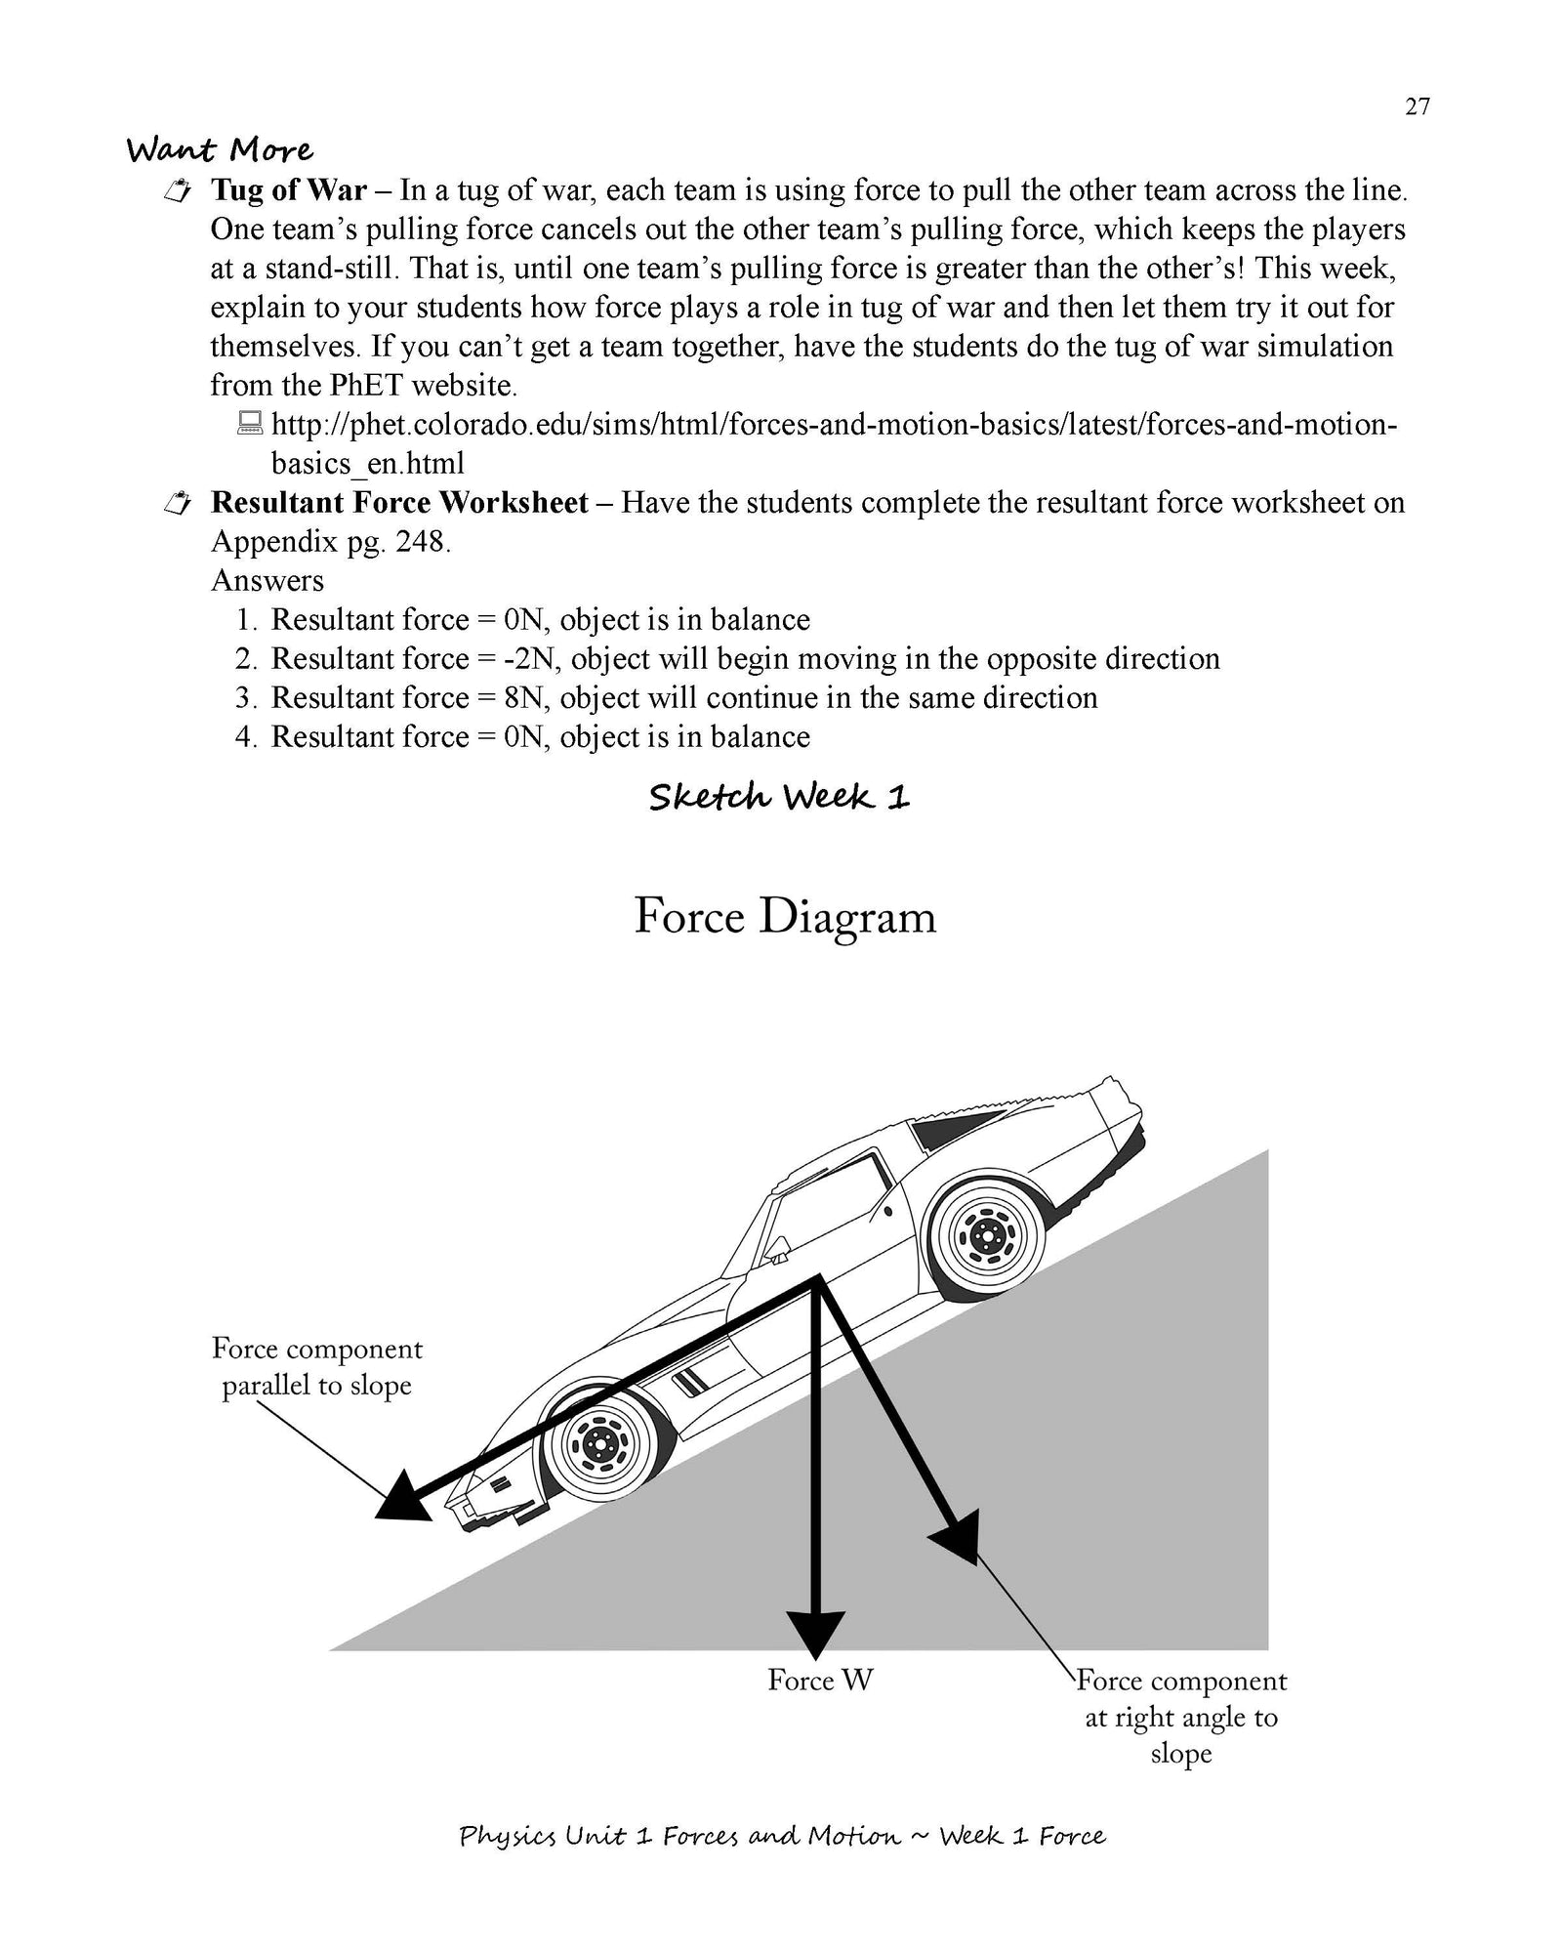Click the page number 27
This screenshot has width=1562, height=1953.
(1417, 107)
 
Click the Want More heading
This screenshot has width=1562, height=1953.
(221, 150)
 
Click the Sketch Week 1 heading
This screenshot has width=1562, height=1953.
(779, 798)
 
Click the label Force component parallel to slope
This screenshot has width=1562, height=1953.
(317, 1366)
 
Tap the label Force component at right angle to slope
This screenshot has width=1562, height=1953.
(1181, 1716)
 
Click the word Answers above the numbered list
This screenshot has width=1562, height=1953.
(267, 581)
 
